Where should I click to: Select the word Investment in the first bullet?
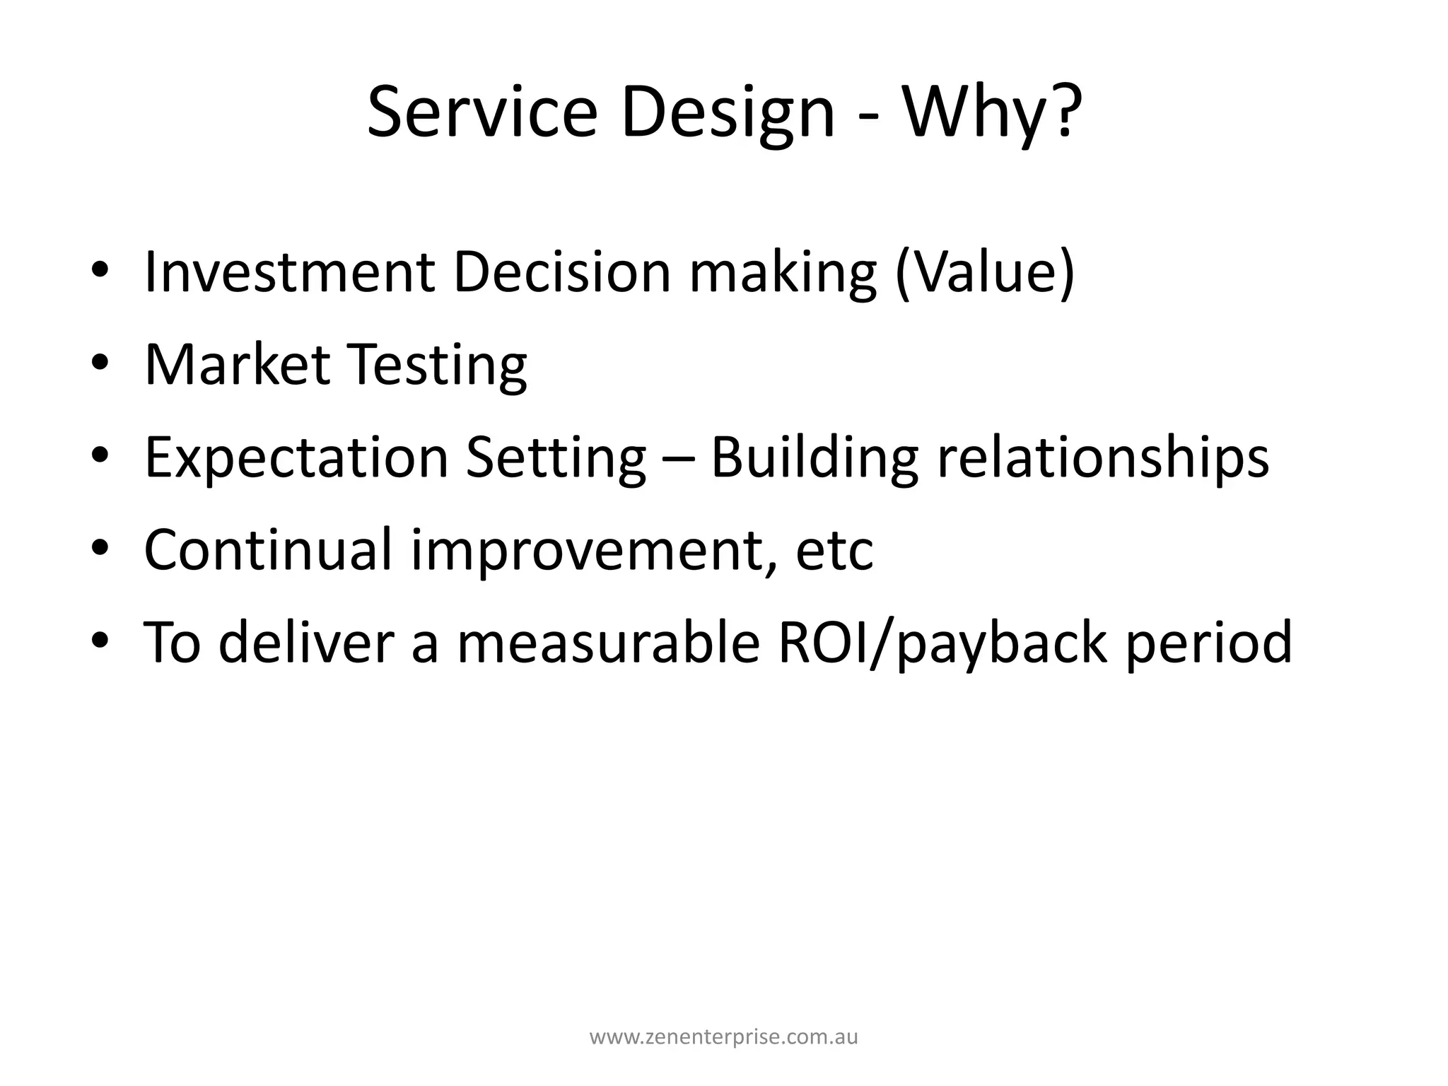click(x=289, y=271)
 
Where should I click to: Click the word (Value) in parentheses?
click(x=984, y=271)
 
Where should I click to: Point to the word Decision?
click(x=561, y=271)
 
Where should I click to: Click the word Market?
click(x=238, y=364)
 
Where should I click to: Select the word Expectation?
click(x=296, y=457)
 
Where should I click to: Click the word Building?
click(x=814, y=457)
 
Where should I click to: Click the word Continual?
click(x=268, y=549)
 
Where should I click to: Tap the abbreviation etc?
click(x=834, y=549)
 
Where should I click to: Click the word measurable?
click(x=608, y=642)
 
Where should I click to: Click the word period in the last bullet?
click(x=1209, y=642)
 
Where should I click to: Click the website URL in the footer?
click(x=724, y=1037)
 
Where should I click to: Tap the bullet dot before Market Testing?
click(x=100, y=366)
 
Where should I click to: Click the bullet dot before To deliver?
click(x=100, y=643)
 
